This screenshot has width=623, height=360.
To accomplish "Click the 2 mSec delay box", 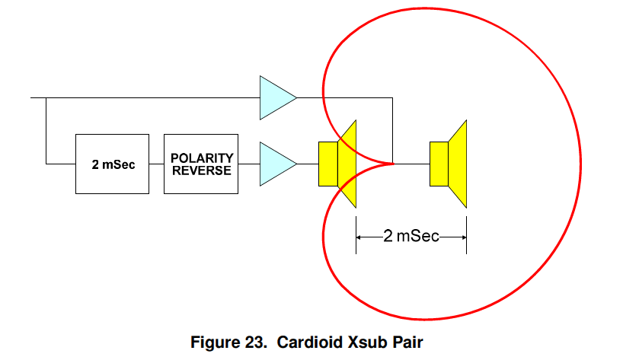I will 113,164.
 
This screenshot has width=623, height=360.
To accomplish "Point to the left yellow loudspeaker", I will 337,164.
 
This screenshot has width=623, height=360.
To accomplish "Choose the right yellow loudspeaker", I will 449,164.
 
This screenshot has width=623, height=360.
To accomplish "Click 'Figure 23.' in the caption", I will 228,342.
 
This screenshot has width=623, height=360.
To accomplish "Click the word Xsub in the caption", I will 364,342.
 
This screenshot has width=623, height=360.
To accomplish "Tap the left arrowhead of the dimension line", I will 359,236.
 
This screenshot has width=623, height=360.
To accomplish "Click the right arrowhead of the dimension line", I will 462,236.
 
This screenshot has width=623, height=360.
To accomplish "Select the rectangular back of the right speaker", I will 439,164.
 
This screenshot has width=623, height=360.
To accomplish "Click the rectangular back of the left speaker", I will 327,164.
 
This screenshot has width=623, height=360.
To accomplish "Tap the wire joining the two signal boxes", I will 158,164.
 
